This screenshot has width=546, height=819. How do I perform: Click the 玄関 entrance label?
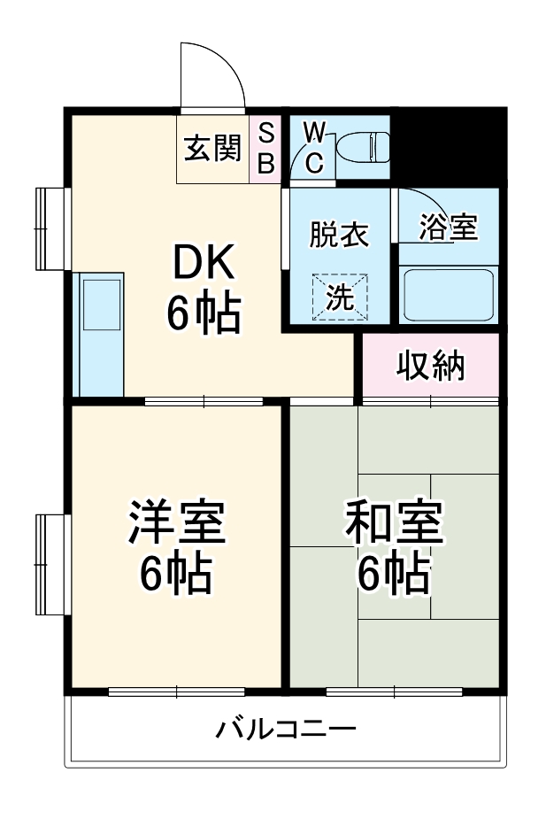click(212, 148)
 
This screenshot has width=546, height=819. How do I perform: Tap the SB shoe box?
click(265, 148)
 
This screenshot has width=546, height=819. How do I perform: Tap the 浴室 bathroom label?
click(449, 228)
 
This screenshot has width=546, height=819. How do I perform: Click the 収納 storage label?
click(430, 365)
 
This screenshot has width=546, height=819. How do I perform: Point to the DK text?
click(203, 263)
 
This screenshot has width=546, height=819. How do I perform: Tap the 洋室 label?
click(177, 522)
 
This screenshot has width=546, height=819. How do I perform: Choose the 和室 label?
click(393, 522)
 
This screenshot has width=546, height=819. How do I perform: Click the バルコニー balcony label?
click(287, 730)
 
